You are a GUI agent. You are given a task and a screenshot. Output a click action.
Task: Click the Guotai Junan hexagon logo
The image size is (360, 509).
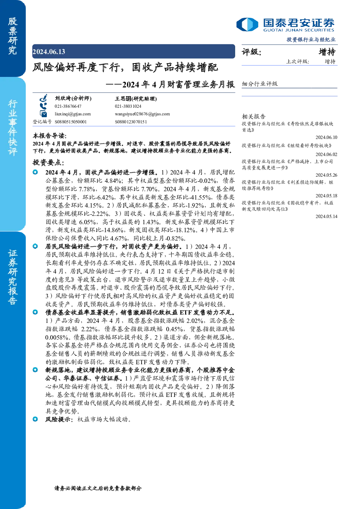(x=247, y=24)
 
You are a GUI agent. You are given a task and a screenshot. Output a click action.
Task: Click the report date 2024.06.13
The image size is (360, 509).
(x=49, y=52)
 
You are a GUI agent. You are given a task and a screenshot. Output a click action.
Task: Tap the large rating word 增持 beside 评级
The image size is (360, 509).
(x=327, y=52)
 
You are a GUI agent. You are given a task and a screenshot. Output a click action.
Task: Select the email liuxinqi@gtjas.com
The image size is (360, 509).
(x=73, y=114)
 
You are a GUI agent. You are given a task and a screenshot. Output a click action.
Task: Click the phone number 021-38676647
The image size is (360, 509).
(x=68, y=106)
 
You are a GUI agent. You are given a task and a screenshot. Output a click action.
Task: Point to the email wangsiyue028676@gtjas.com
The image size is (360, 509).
(x=142, y=114)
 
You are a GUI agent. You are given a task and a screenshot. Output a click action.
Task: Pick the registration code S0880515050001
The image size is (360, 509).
(x=70, y=122)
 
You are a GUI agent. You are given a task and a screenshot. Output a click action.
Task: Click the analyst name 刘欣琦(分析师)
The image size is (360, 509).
(x=73, y=98)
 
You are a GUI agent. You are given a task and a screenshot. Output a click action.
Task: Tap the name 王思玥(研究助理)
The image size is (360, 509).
(x=136, y=98)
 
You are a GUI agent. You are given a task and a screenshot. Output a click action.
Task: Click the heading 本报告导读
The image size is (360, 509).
(x=50, y=136)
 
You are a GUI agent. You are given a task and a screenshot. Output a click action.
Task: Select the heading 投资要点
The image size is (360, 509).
(x=48, y=162)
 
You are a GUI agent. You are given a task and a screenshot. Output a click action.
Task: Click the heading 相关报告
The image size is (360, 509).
(x=253, y=116)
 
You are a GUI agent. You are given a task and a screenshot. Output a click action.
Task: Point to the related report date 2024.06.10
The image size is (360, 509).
(x=326, y=137)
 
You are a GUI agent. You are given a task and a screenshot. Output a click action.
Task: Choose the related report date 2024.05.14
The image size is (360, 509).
(x=326, y=216)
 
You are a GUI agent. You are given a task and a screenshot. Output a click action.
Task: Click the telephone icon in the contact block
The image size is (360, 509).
(x=43, y=106)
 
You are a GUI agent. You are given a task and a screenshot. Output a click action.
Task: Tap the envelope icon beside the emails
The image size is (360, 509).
(x=43, y=114)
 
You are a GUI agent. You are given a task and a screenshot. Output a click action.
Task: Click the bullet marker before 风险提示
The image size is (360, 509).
(x=35, y=419)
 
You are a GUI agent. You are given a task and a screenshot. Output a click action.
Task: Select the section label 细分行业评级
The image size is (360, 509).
(x=259, y=83)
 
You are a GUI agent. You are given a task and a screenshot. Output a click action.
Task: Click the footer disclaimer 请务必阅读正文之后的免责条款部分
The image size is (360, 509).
(x=98, y=488)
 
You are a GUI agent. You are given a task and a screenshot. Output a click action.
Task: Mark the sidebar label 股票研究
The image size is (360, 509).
(x=12, y=36)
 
